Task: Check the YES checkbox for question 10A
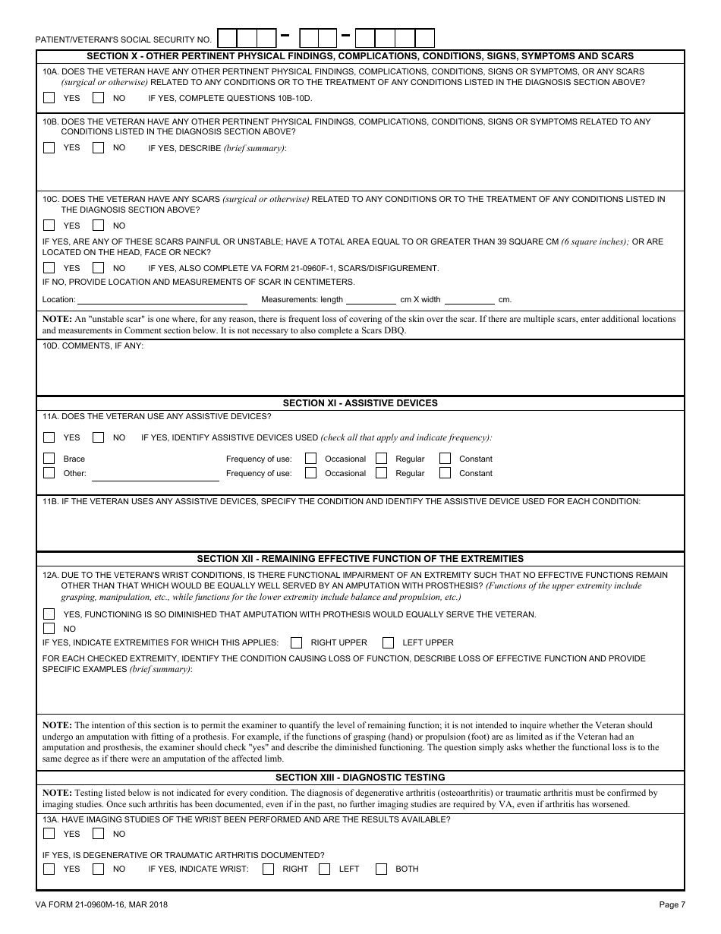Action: (x=49, y=98)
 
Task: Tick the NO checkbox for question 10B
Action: (x=98, y=148)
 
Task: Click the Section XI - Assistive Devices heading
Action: (x=360, y=403)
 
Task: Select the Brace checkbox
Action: (x=49, y=459)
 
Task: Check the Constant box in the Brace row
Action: (x=445, y=459)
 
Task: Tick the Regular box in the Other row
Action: (x=381, y=473)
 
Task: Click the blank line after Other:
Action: (x=155, y=475)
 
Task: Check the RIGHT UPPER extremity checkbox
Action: (x=297, y=642)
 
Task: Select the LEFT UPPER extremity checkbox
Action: (x=388, y=642)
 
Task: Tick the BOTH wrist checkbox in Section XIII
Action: (x=381, y=869)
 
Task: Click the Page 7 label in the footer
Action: (x=672, y=904)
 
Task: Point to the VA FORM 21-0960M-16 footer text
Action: (x=102, y=904)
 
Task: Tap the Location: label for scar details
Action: (x=59, y=300)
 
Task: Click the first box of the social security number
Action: (x=227, y=38)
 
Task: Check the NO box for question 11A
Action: (x=98, y=437)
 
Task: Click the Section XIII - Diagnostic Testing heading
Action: (x=360, y=778)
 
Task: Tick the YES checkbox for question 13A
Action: (x=49, y=834)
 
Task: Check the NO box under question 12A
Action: (x=49, y=629)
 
